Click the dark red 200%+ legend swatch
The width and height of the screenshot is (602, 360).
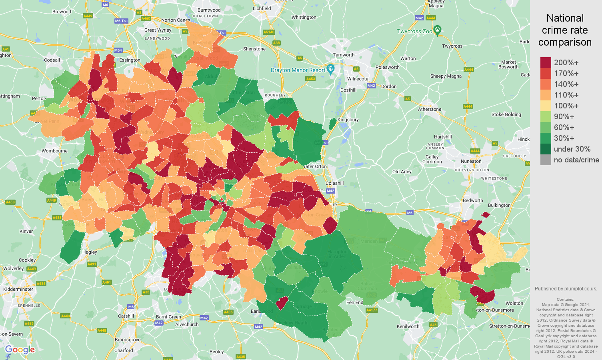coord(546,63)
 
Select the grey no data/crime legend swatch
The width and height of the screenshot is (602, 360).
coord(546,160)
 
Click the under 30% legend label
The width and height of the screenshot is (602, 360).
coord(572,149)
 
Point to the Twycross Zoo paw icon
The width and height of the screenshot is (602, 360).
coord(438,30)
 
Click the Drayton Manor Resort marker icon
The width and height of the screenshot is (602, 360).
coord(330,69)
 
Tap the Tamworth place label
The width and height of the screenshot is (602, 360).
coord(344,55)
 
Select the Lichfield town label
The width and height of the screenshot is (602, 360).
coord(262,8)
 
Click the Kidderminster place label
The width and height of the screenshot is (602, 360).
coord(18,289)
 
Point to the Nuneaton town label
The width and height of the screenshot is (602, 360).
coord(471,162)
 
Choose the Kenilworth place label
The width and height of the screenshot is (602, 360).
coord(408,326)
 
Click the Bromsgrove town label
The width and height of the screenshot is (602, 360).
coord(128,340)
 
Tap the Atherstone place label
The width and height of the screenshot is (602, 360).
coord(430,109)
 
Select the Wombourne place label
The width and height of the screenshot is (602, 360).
coord(54,151)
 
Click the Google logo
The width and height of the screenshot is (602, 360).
coord(20,350)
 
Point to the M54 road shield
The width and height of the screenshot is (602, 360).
coord(118,50)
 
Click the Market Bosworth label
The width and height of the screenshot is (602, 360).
coord(508,64)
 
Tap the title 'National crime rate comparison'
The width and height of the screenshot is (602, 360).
coord(565,30)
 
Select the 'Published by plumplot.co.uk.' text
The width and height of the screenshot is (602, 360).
coord(566,289)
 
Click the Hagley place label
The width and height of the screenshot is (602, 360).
coord(90,252)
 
